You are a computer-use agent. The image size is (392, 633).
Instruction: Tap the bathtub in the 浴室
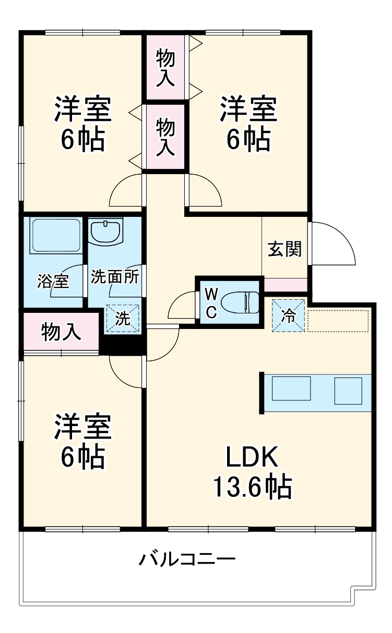click(x=55, y=236)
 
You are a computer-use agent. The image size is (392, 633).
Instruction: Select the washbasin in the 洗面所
click(x=106, y=232)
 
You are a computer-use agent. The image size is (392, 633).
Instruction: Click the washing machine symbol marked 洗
click(x=123, y=319)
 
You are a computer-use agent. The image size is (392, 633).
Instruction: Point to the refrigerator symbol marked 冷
click(x=288, y=315)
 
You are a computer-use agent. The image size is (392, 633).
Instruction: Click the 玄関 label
click(x=285, y=249)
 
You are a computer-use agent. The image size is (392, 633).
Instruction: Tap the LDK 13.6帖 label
click(x=252, y=472)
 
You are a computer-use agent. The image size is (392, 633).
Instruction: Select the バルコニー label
click(x=187, y=561)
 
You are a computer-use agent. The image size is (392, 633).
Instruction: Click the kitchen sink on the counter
click(x=291, y=388)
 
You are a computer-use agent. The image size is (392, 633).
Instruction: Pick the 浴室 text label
click(x=52, y=282)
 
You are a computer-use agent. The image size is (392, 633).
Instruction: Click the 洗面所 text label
click(x=115, y=276)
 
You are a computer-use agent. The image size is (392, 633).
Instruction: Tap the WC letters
click(x=211, y=302)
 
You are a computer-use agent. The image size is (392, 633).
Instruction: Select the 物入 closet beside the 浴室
click(x=61, y=332)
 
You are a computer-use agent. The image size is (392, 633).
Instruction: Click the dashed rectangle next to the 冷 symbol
click(x=338, y=320)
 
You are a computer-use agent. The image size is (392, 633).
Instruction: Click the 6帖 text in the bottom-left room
click(x=82, y=457)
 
